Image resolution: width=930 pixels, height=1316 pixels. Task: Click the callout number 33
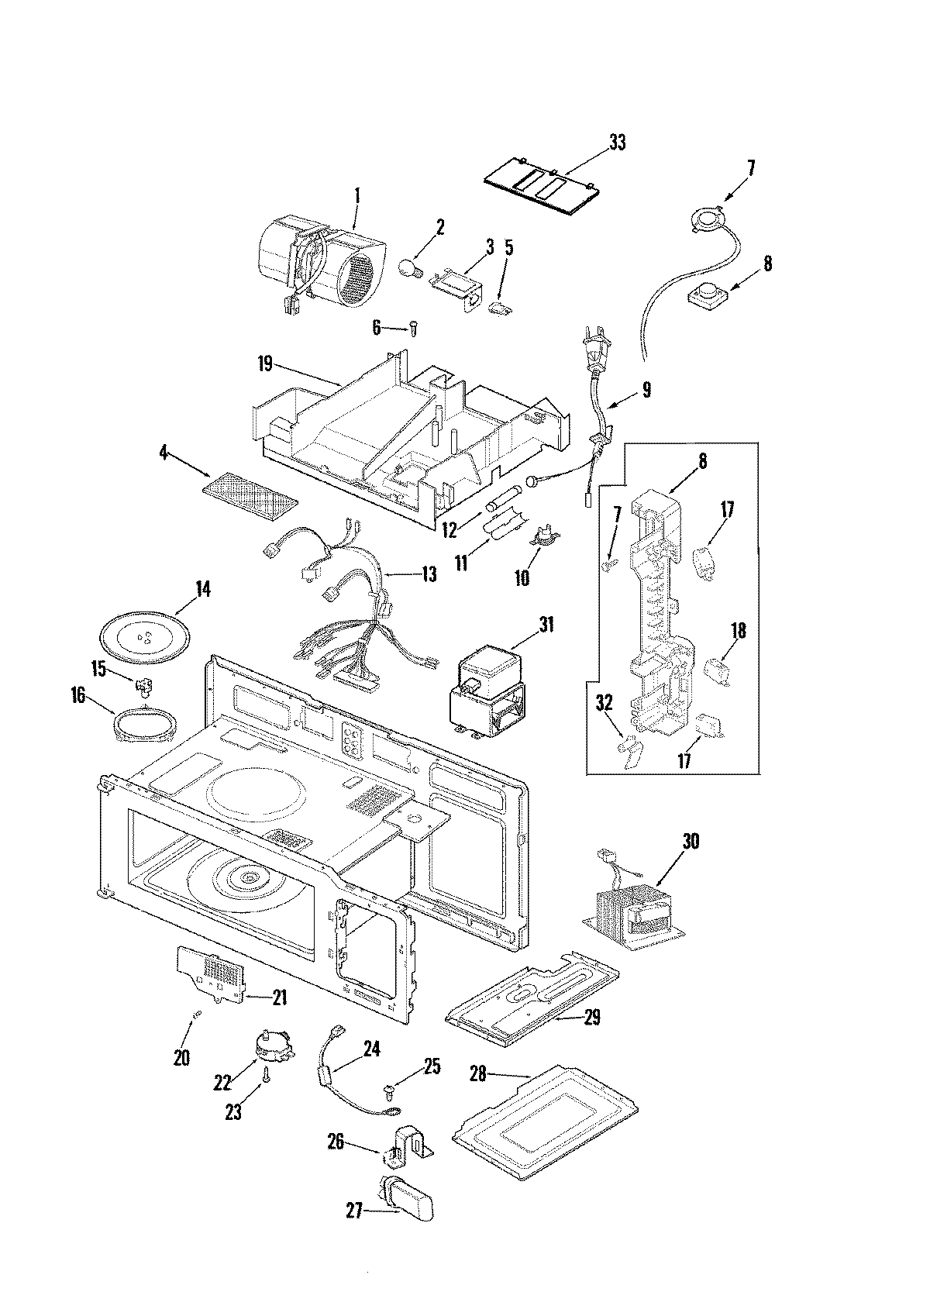coord(617,143)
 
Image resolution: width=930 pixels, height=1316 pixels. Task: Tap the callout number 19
coord(266,363)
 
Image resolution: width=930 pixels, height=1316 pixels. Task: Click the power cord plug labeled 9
coord(594,356)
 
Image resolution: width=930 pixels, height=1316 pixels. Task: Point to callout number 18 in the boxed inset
coord(738,631)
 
